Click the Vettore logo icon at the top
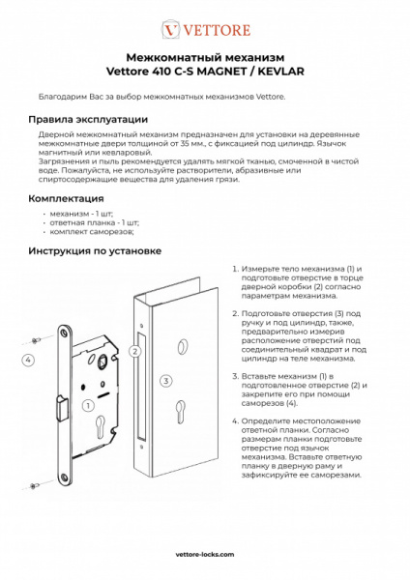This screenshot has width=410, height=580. click(171, 29)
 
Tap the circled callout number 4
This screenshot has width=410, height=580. click(29, 359)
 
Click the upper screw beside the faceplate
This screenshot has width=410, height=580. click(35, 338)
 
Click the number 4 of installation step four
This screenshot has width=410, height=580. click(234, 421)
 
